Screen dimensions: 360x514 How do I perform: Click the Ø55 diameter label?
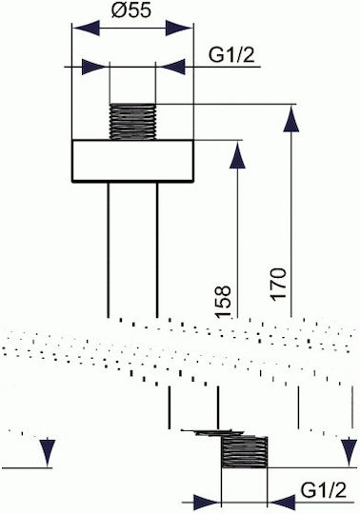click(131, 10)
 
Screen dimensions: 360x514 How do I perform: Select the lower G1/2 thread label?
click(323, 490)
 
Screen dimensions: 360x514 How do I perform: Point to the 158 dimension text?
click(223, 302)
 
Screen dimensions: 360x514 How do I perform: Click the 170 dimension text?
click(278, 284)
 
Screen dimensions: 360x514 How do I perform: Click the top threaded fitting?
click(132, 122)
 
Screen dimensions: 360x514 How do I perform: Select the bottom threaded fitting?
click(245, 452)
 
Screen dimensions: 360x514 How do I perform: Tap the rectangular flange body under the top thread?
click(132, 161)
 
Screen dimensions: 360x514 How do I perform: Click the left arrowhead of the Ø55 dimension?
click(86, 28)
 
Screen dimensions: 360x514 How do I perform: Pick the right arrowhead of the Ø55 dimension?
click(179, 28)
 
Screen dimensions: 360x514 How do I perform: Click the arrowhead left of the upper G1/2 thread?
click(95, 67)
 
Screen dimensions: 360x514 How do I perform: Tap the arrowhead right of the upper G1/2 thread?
click(170, 67)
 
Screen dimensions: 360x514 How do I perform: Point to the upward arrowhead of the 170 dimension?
click(291, 118)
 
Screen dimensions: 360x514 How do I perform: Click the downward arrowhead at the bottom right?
click(349, 453)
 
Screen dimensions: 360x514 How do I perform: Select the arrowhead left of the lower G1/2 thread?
click(208, 503)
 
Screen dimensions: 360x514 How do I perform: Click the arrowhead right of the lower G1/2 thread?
click(282, 503)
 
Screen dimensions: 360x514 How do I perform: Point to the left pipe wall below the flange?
click(109, 249)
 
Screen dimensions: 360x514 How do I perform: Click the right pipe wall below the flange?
click(157, 249)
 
